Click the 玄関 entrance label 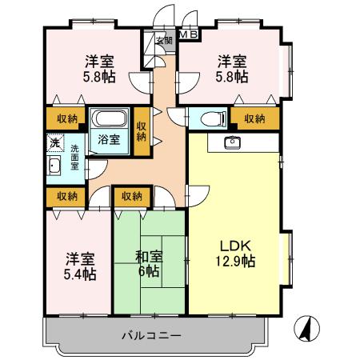pyautogui.click(x=162, y=41)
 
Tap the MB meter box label pyautogui.click(x=188, y=34)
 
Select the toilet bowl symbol pyautogui.click(x=210, y=119)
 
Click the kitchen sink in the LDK pyautogui.click(x=233, y=142)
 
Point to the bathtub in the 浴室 pyautogui.click(x=108, y=121)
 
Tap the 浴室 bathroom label pyautogui.click(x=109, y=139)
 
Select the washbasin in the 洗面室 pyautogui.click(x=54, y=166)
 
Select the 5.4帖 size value pyautogui.click(x=80, y=274)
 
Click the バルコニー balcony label pyautogui.click(x=152, y=334)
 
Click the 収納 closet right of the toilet pyautogui.click(x=254, y=119)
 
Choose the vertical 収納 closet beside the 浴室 pyautogui.click(x=141, y=130)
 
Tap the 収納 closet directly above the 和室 pyautogui.click(x=132, y=195)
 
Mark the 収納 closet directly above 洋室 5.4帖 pyautogui.click(x=66, y=195)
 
